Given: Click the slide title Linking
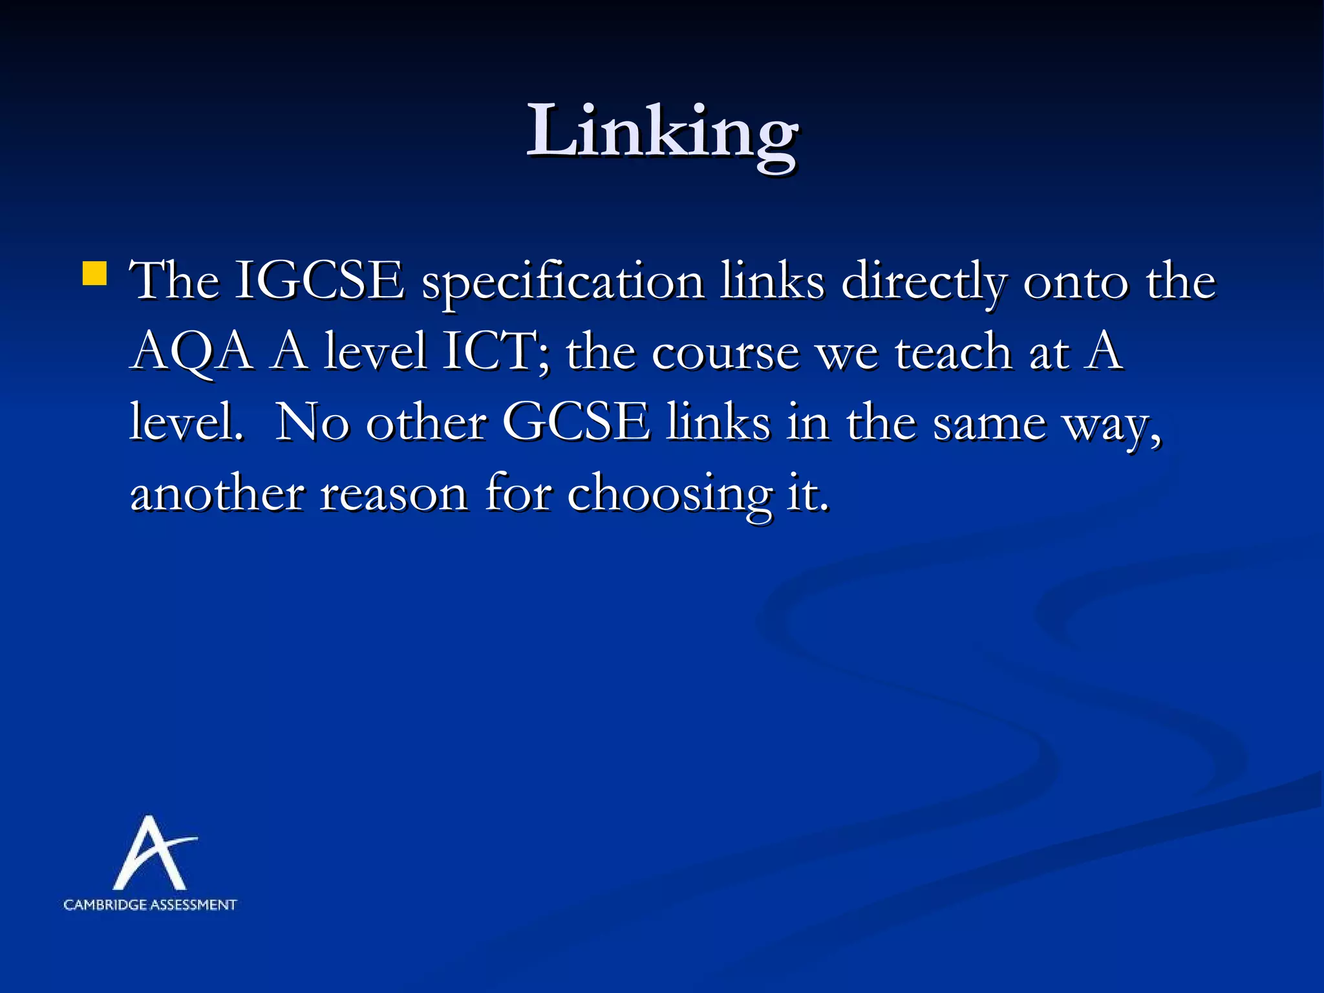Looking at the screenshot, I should tap(662, 133).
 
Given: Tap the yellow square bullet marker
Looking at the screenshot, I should tap(94, 273).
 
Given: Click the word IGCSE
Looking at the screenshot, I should tap(319, 281).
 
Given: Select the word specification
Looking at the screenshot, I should tap(562, 283).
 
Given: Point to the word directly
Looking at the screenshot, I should tap(923, 283).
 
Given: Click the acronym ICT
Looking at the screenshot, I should tap(495, 352).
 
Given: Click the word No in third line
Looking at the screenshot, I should tap(312, 423).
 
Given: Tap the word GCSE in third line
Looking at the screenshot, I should tap(576, 423).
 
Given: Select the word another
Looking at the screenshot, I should tap(217, 493).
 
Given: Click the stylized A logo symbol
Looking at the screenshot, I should tap(153, 853).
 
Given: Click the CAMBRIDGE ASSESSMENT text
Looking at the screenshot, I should tap(150, 905).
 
